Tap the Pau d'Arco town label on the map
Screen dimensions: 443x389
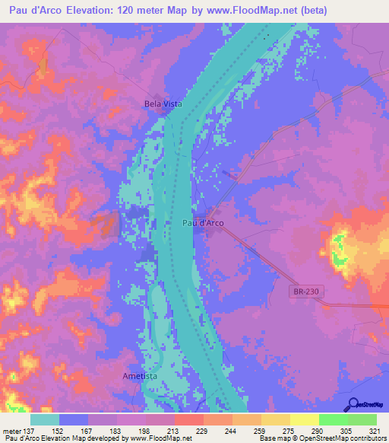coord(204,223)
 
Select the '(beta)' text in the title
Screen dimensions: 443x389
coord(327,10)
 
